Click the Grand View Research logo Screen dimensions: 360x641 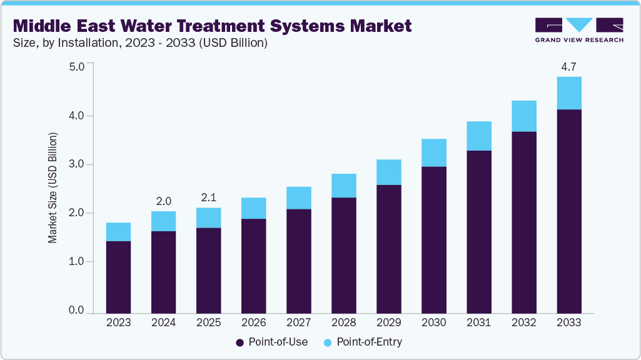coord(579,30)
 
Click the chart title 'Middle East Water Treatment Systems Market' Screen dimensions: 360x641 coord(213,26)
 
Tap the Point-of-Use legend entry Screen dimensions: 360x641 coord(271,342)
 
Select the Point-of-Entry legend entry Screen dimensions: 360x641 coord(363,342)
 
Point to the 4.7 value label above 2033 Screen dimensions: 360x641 coord(568,66)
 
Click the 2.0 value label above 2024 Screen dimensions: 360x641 coord(163,201)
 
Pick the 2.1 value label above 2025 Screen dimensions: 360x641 coord(208,197)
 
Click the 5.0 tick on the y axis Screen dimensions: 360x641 coord(76,66)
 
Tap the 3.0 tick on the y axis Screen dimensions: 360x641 coord(76,164)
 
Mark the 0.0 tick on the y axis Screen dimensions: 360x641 coord(76,311)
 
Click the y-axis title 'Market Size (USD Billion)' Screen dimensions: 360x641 coord(53,188)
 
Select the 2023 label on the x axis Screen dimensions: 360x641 coord(118,323)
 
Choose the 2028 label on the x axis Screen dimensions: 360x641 coord(343,323)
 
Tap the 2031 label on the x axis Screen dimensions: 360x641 coord(478,323)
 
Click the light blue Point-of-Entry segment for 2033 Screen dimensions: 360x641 coord(568,93)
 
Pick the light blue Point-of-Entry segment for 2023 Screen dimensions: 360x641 coord(118,232)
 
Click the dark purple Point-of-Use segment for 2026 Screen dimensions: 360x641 coord(253,266)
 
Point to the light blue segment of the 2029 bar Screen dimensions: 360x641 coord(388,172)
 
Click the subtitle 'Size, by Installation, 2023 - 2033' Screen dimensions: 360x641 coord(141,43)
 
